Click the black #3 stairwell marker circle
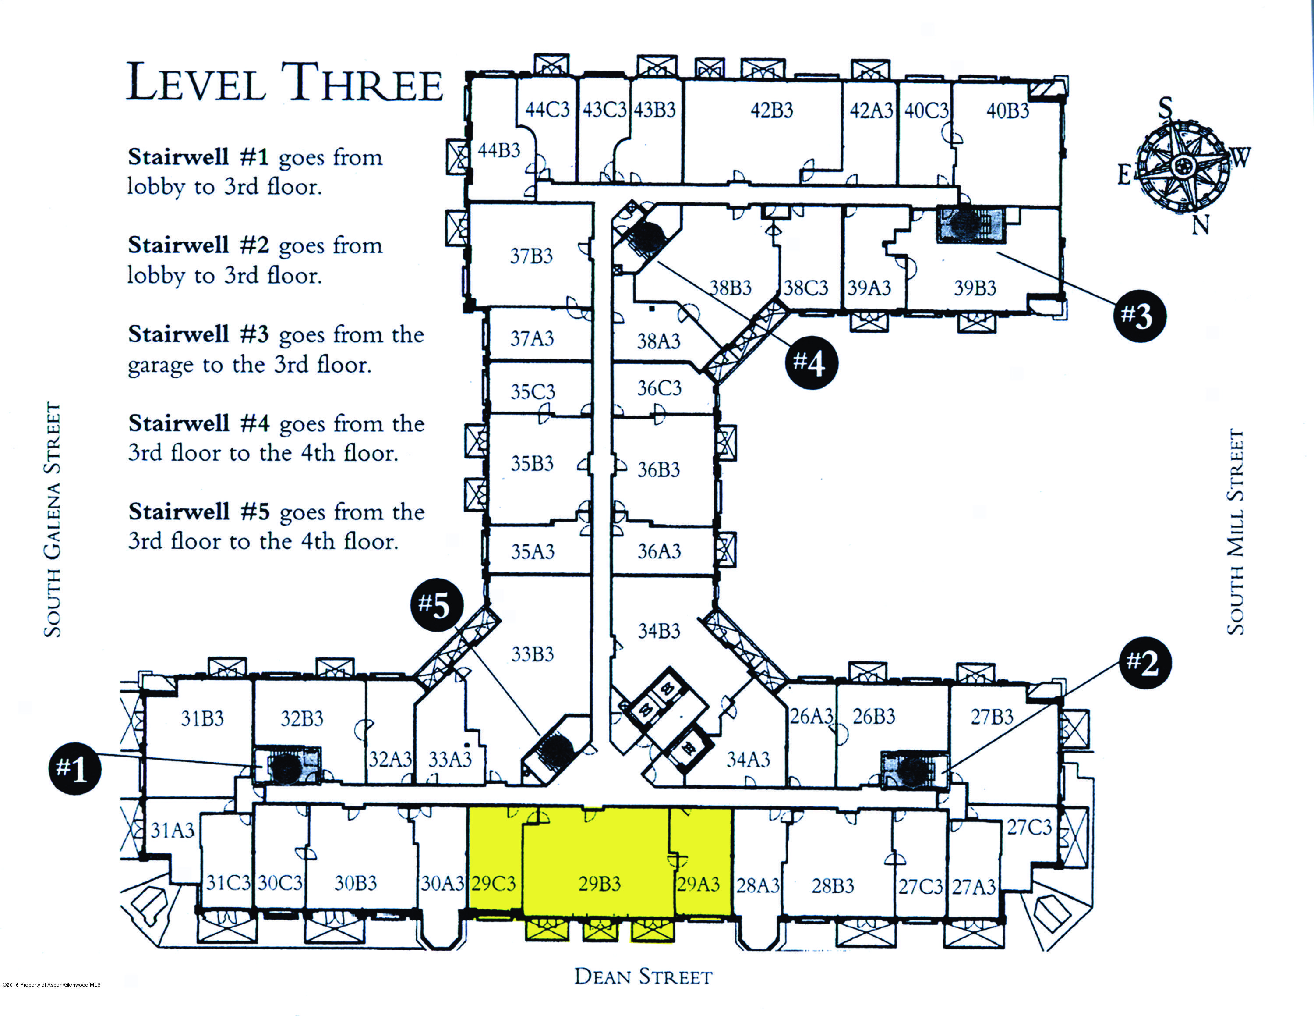1139,316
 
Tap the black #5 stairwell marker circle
438,604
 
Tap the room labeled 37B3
531,256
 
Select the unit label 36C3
659,388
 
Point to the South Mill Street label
1235,532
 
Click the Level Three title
284,83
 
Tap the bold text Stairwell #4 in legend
198,424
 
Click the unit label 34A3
748,760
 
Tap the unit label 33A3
450,760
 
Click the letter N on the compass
1200,226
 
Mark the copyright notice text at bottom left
52,985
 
